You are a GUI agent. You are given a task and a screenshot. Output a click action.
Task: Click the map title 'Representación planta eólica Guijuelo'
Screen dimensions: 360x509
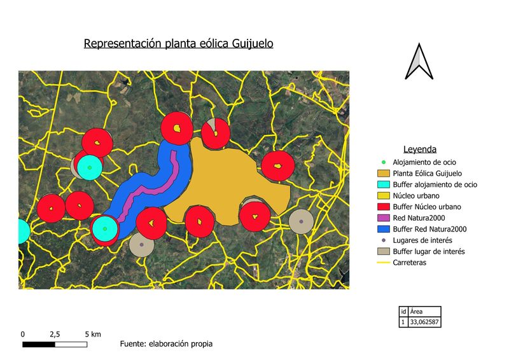tap(179, 44)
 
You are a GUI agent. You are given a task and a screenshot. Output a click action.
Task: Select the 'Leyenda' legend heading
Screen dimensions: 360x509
tap(419, 149)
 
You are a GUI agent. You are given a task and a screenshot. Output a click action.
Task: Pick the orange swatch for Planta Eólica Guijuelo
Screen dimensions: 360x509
tap(383, 173)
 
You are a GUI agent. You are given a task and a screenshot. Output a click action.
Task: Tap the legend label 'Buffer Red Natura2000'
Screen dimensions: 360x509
tap(430, 229)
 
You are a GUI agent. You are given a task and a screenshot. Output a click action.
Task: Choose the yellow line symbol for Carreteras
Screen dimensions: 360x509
tap(383, 262)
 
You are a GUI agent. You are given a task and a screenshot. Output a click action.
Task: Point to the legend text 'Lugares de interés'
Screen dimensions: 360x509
tap(422, 240)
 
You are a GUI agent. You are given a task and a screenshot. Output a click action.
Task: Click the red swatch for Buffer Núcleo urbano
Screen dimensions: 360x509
tap(383, 207)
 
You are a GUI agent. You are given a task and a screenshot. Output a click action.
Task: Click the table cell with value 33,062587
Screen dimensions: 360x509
tap(424, 322)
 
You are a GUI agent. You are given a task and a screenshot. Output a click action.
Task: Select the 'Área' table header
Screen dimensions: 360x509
tap(417, 312)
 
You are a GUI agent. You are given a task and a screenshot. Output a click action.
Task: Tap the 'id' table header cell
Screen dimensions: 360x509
tap(403, 312)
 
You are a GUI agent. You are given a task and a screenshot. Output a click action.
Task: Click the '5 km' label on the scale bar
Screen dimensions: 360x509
tap(93, 334)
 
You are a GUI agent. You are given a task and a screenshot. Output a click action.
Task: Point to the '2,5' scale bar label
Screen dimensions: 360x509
tap(54, 334)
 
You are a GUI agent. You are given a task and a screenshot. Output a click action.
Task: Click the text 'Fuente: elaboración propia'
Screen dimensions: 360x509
tap(166, 344)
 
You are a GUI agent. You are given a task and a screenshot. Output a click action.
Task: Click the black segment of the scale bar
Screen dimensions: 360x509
tap(38, 344)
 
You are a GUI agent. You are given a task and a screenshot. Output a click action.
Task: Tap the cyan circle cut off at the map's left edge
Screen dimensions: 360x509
tap(23, 231)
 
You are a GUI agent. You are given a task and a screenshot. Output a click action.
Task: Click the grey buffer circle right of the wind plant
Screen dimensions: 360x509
tap(300, 221)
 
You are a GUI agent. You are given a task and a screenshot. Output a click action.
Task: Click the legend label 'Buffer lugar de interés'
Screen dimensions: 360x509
tap(429, 251)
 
